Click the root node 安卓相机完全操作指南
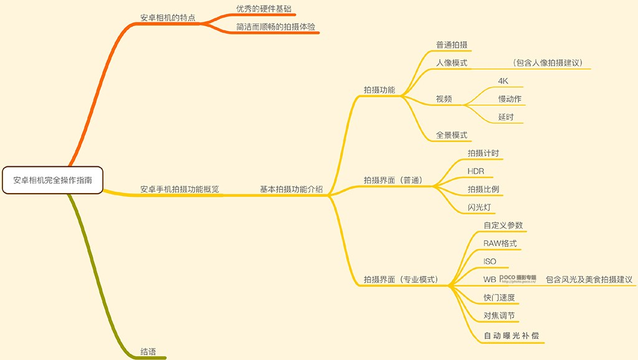click(x=52, y=180)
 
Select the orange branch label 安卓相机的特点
click(x=168, y=17)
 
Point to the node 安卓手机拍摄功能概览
click(x=179, y=189)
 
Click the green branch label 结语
click(x=148, y=351)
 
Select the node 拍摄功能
click(x=379, y=90)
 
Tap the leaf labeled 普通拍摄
click(x=452, y=45)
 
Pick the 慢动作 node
click(x=510, y=99)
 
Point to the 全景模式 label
click(x=452, y=135)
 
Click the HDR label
click(x=476, y=171)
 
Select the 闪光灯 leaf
click(x=481, y=207)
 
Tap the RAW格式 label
click(x=500, y=244)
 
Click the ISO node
click(x=490, y=262)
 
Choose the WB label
click(x=490, y=280)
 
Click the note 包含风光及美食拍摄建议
click(x=589, y=280)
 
